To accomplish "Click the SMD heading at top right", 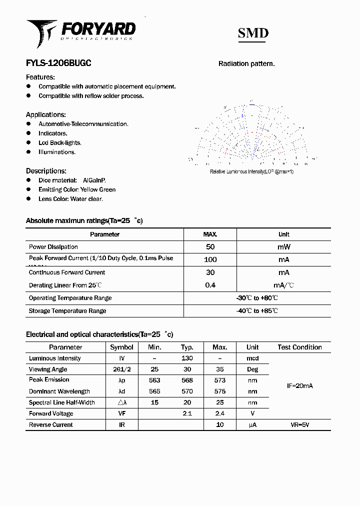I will pos(253,33).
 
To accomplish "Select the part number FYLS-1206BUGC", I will pos(58,63).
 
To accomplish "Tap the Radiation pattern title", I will pos(246,63).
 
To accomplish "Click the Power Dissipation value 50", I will pos(210,247).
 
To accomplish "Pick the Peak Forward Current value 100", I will pos(210,259).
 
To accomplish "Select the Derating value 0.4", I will pos(210,285).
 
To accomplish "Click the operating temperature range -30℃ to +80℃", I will pos(257,298).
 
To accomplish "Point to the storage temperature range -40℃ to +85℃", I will pos(257,311).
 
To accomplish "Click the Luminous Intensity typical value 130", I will pos(187,358).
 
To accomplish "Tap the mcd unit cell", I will pos(252,358).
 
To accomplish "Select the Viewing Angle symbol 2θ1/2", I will pos(121,369).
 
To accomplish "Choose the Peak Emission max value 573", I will pos(219,380).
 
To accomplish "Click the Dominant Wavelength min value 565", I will pos(154,391).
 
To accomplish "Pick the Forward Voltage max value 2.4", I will pos(219,413).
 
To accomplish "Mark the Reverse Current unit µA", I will pos(252,425).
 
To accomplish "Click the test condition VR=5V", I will pos(299,425).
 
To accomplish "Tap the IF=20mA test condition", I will pos(299,386).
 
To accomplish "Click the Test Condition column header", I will pos(299,347).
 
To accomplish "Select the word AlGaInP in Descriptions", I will pos(94,180).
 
